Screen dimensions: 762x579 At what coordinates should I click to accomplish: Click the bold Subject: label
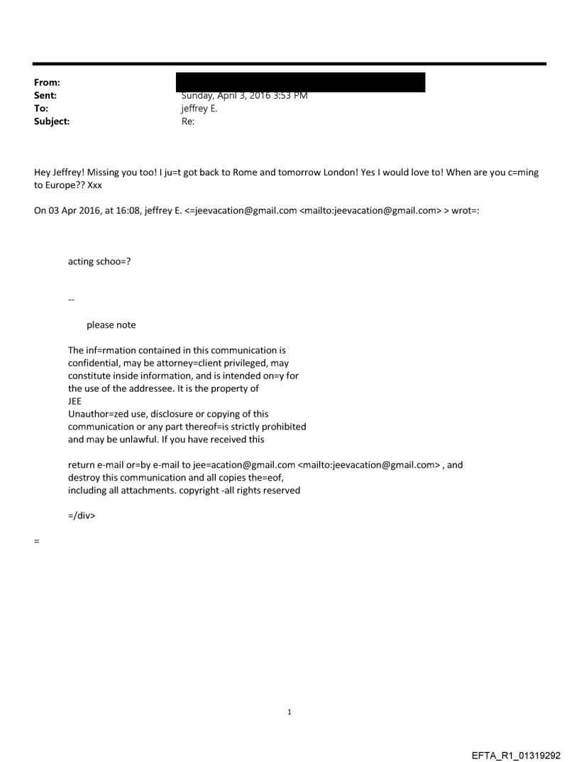coord(50,121)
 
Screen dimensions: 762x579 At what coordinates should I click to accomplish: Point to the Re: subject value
coord(188,121)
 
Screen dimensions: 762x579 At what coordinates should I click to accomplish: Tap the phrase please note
coord(111,325)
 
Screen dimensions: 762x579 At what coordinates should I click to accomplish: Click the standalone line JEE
coord(75,401)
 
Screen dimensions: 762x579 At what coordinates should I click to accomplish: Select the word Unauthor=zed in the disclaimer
coord(96,414)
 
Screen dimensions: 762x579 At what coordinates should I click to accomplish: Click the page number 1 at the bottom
coord(289,712)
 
